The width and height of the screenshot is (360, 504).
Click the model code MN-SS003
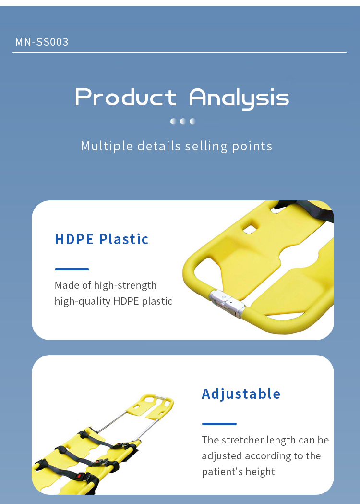42,42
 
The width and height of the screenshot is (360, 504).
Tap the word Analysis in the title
239,98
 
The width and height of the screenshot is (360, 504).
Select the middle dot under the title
183,121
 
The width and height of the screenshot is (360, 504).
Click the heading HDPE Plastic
101,239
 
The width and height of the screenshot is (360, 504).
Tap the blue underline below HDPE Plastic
72,269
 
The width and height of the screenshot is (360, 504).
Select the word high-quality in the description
83,302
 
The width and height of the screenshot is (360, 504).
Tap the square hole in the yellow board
250,229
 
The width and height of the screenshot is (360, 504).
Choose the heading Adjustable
241,394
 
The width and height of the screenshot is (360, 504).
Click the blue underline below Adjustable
219,424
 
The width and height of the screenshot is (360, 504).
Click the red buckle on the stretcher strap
79,475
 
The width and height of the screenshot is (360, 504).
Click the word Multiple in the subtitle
107,146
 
